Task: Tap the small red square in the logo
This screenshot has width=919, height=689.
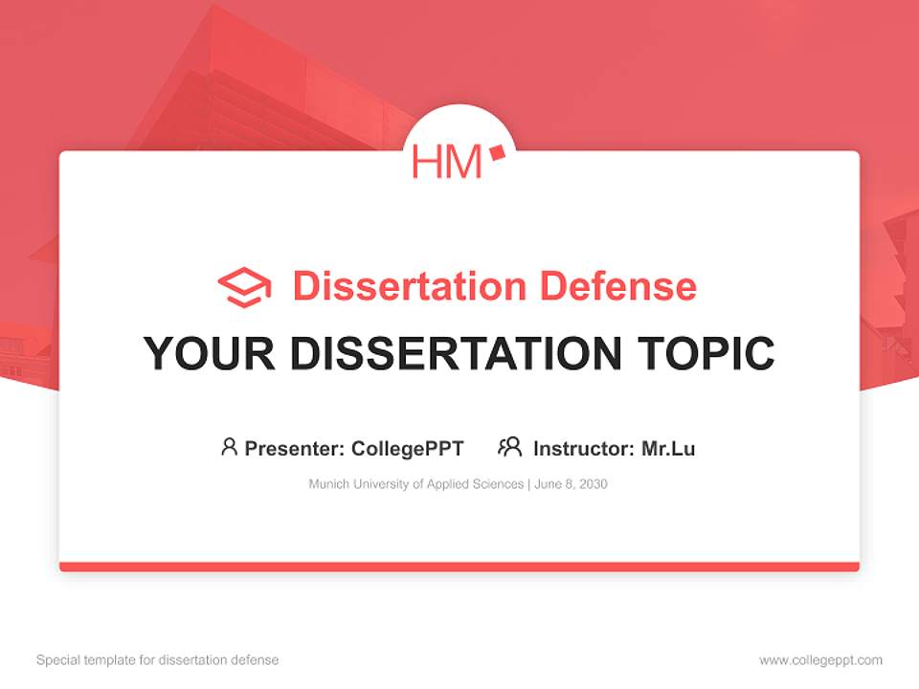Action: (496, 152)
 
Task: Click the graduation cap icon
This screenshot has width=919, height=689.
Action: (244, 287)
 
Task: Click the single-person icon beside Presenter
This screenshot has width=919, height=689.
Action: (229, 447)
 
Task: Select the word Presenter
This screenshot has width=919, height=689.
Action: (293, 448)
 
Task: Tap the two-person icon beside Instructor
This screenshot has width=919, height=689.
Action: (510, 447)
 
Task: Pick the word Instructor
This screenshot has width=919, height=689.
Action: (582, 448)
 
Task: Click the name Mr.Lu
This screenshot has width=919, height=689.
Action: (668, 448)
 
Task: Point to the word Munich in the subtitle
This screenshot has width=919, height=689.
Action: (328, 484)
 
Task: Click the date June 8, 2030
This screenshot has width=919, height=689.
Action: (572, 484)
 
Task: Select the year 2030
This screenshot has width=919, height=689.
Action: (593, 484)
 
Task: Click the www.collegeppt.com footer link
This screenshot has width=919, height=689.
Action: (820, 660)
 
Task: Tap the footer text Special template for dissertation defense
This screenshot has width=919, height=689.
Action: (157, 660)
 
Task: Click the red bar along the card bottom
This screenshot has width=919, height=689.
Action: (459, 567)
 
